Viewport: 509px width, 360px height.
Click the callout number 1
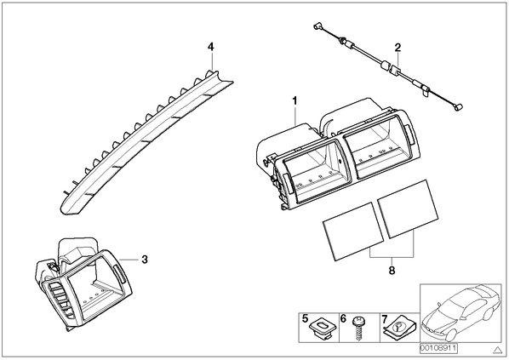coord(295,101)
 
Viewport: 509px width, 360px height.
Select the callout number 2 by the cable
coord(397,48)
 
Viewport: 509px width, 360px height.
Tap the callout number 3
coord(145,260)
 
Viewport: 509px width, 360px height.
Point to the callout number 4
coord(211,47)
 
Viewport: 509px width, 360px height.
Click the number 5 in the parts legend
coord(305,318)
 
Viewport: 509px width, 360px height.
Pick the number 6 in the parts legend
coord(343,318)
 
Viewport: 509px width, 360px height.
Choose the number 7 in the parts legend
coord(385,319)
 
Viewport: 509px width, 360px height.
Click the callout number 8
coord(392,270)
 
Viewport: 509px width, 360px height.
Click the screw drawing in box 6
coord(358,329)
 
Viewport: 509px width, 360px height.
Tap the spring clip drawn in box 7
coord(399,328)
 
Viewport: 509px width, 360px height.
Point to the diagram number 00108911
coord(438,348)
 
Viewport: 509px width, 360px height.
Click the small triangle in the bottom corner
coord(497,350)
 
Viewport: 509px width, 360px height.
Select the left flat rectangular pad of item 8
coord(353,231)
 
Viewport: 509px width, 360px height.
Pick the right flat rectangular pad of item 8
coord(408,209)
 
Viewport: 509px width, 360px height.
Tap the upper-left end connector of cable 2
coord(317,26)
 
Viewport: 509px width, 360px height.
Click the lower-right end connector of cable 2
coord(459,107)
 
